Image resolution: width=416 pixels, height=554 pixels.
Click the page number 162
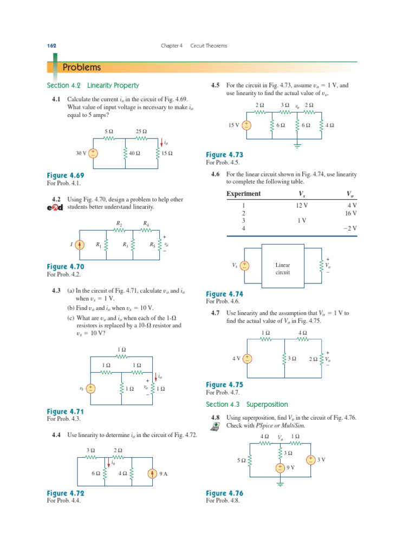(x=52, y=46)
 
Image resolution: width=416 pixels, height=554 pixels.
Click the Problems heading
(x=82, y=68)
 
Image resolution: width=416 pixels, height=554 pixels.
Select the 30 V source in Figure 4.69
(x=94, y=153)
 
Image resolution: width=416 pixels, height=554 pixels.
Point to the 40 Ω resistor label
(x=135, y=154)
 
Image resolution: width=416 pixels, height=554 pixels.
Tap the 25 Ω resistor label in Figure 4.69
(x=142, y=131)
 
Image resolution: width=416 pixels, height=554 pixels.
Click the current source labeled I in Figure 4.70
(x=80, y=245)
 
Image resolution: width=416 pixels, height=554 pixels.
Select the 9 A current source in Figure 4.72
(x=153, y=473)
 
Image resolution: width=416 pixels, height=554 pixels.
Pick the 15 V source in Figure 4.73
(x=246, y=125)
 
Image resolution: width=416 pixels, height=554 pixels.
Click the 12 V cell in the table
(x=302, y=206)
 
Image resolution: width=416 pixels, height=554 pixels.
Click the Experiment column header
(x=243, y=194)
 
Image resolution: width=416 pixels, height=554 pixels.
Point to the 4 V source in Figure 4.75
(x=246, y=359)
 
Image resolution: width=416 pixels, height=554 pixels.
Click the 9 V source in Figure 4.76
(x=280, y=467)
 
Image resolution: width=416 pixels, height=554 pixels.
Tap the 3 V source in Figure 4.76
(x=310, y=460)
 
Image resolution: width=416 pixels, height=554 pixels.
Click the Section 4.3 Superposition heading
(x=247, y=405)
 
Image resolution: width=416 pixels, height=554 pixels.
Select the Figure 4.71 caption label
(x=65, y=412)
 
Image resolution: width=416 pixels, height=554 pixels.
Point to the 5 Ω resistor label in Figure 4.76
(x=242, y=460)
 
